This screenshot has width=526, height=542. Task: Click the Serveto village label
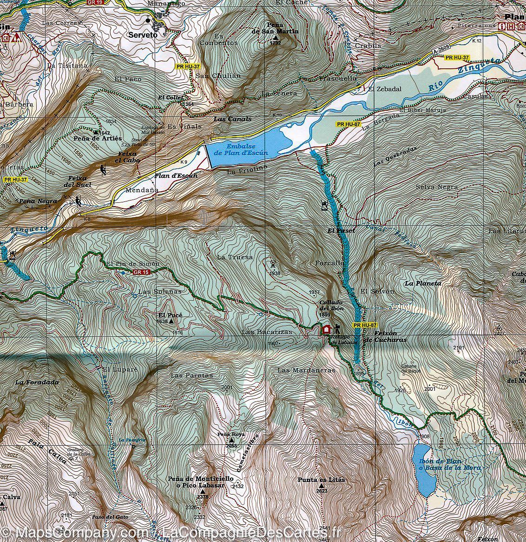tap(143, 34)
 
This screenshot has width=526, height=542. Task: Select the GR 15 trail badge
tap(140, 272)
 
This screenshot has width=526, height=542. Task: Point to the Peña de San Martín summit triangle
tap(276, 38)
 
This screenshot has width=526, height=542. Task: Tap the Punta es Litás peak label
tap(322, 480)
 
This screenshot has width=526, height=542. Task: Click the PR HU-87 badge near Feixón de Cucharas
tap(365, 325)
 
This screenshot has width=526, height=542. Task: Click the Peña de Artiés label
tap(98, 138)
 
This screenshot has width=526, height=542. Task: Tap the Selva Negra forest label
tap(437, 187)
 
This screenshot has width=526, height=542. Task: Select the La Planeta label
tap(422, 283)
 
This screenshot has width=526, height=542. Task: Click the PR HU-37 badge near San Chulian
tap(188, 67)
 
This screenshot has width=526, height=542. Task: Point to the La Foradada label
tap(37, 382)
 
